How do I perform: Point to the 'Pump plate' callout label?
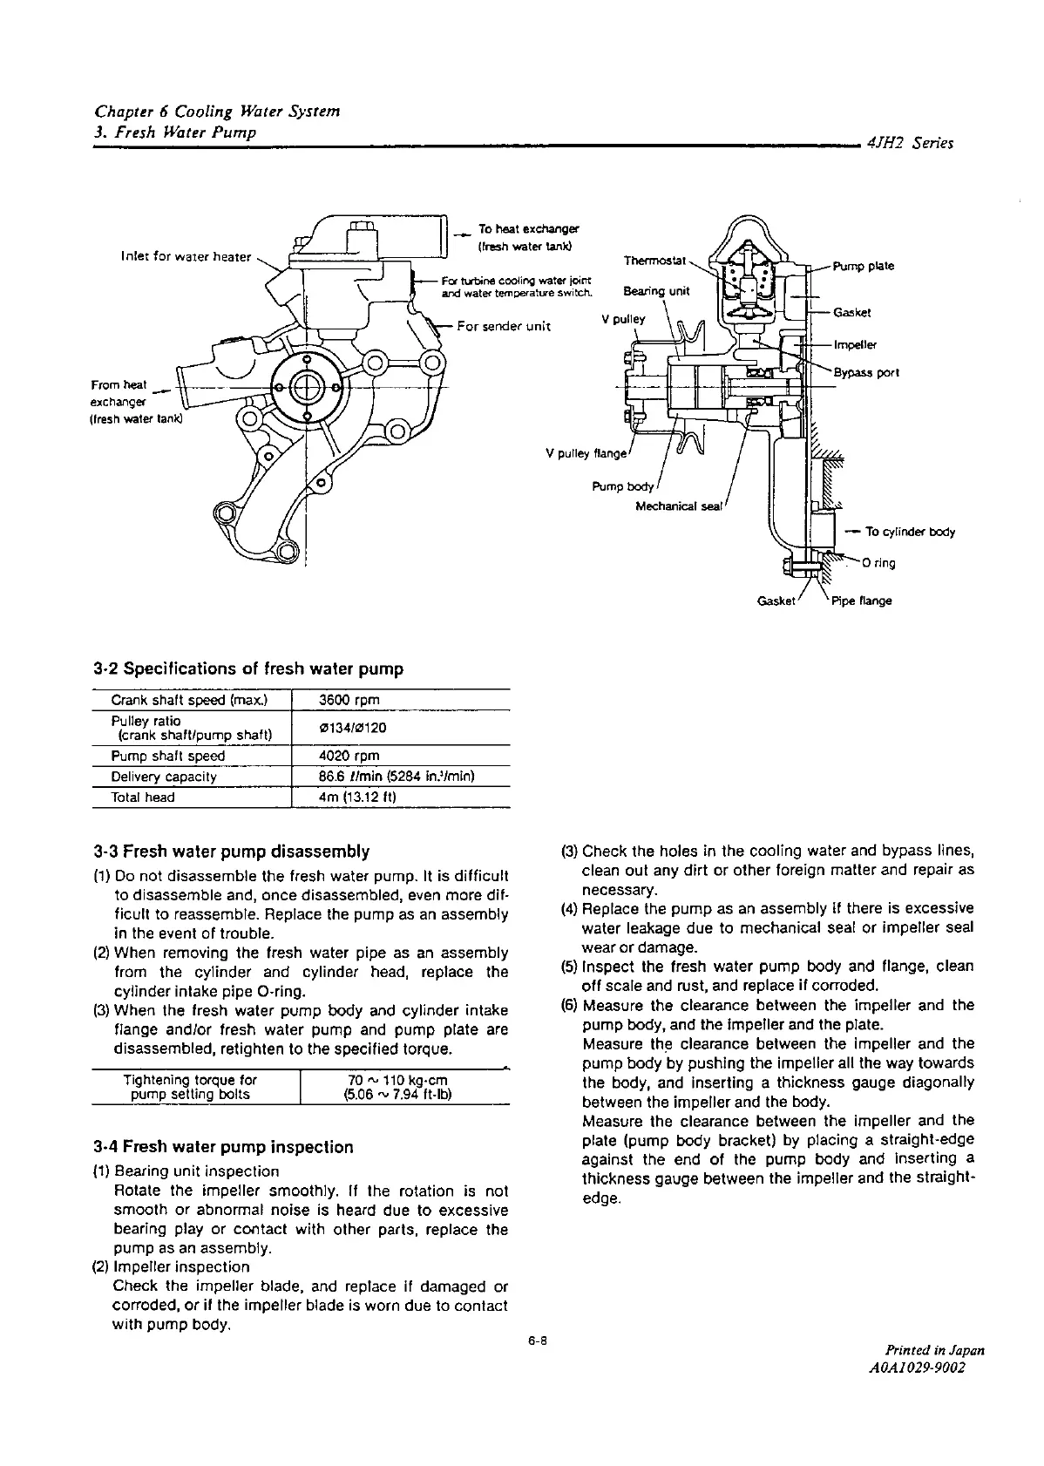coord(864,266)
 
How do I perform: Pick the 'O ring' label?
coord(878,563)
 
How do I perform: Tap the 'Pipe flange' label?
coord(862,601)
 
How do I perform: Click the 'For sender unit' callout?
coord(504,326)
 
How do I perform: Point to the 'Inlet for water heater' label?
coord(186,256)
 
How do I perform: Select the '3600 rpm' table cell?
coord(349,700)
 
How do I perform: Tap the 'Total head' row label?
coord(143,797)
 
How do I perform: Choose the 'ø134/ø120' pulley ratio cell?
coord(353,728)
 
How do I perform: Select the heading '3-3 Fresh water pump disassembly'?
coord(231,851)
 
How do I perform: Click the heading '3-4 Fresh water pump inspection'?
coord(223,1147)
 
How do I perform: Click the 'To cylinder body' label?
coord(910,532)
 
